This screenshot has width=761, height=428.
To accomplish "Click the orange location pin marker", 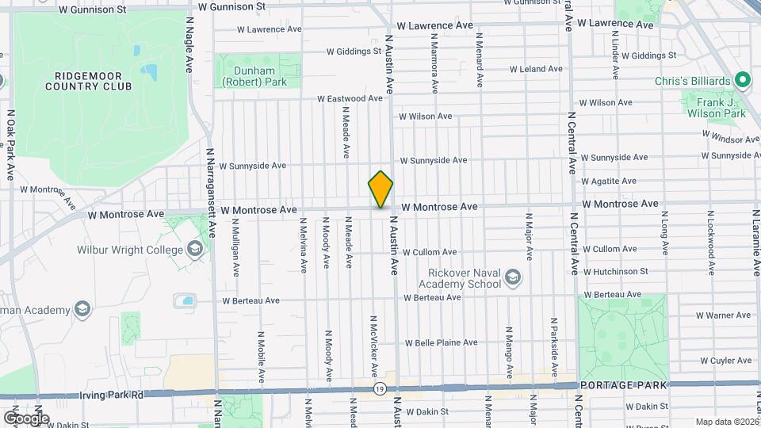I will point(380,189).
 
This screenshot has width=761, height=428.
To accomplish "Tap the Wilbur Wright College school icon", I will point(194,250).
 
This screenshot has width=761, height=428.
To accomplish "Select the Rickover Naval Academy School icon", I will point(513,277).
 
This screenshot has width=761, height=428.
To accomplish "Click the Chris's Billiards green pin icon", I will point(743,81).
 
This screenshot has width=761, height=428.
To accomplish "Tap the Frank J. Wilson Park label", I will point(716,108).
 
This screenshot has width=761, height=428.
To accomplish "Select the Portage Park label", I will point(624,385).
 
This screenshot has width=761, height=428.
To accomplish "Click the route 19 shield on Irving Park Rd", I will point(381,388).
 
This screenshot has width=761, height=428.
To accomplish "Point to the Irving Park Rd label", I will point(112,394).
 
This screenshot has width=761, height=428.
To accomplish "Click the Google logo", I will point(26,418).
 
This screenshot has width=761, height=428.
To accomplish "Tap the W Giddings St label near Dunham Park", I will point(354,52).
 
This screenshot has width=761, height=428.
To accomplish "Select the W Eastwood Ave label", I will point(350,99).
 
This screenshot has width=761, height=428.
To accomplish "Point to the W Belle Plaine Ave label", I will point(441,343).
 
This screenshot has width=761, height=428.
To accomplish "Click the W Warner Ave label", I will point(723,315).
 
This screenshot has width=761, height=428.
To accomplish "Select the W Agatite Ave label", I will point(609,182).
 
